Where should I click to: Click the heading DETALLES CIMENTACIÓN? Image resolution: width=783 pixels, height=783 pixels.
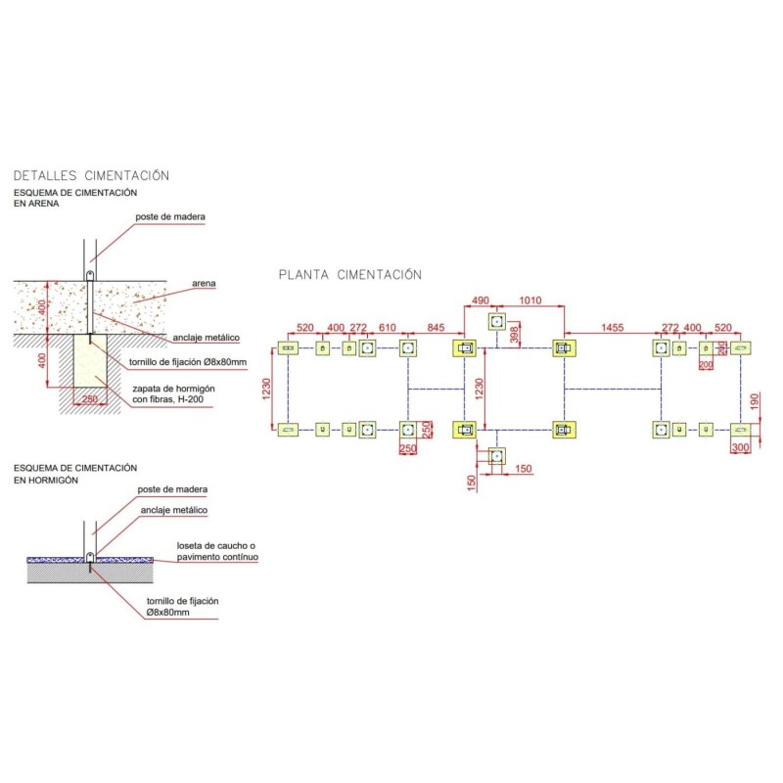(x=91, y=176)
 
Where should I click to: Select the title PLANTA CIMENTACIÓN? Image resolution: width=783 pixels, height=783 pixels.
(x=350, y=275)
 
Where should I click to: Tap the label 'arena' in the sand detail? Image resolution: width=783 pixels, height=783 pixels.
(x=204, y=284)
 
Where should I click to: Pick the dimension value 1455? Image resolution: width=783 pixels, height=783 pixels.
(x=614, y=327)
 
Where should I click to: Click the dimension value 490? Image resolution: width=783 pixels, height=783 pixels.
(x=481, y=300)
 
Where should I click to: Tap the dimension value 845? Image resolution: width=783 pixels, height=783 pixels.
(x=436, y=327)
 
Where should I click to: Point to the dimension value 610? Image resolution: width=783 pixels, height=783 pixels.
(x=388, y=327)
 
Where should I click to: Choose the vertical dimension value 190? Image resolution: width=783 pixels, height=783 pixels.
(x=754, y=401)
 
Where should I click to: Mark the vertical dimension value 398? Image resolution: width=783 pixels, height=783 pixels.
(x=516, y=336)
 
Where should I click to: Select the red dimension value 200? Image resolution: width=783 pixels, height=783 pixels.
(x=706, y=364)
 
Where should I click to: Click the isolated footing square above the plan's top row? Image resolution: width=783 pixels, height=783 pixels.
(x=497, y=321)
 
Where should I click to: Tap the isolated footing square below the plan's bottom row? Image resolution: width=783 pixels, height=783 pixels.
(x=497, y=455)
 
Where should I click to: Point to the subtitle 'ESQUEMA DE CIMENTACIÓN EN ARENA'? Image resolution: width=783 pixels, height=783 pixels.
(x=75, y=199)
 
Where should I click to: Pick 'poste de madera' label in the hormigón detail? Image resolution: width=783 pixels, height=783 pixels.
(x=172, y=489)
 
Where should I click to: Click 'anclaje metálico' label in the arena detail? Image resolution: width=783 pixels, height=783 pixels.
(x=206, y=338)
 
